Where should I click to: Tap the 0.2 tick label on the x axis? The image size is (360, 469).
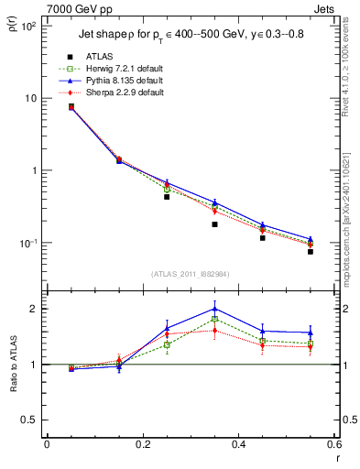click(x=142, y=444)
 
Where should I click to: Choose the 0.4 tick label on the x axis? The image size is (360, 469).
click(x=238, y=444)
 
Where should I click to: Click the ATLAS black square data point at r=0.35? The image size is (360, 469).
click(x=214, y=224)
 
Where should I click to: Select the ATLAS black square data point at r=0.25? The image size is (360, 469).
click(x=167, y=197)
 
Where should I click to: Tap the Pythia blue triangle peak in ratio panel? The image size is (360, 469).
click(x=214, y=309)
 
